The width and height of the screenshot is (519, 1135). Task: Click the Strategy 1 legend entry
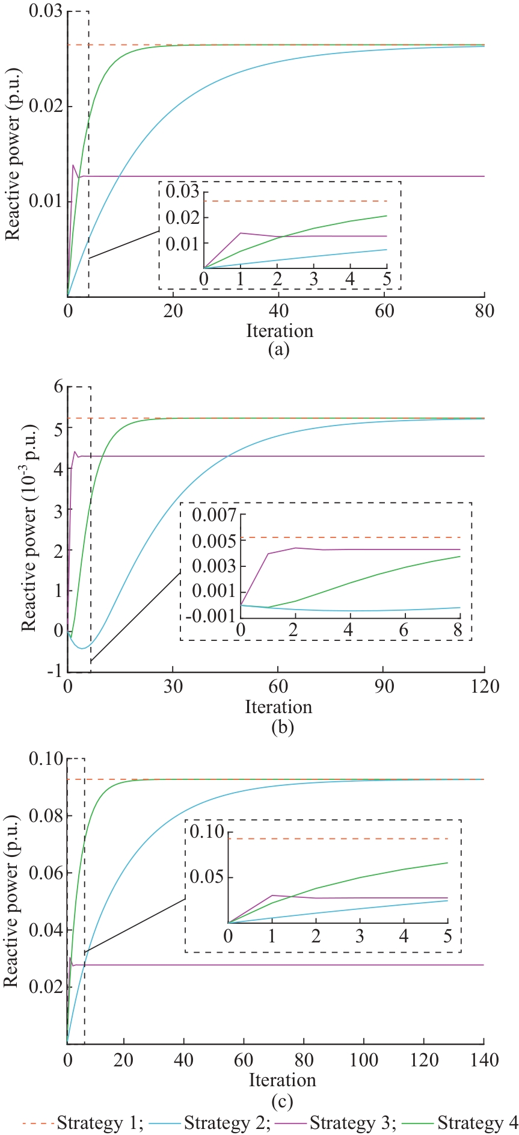click(x=82, y=1123)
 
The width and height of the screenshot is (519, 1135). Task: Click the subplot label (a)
click(x=278, y=349)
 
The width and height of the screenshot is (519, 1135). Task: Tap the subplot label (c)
click(x=282, y=1101)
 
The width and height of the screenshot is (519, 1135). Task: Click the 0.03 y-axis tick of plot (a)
click(x=46, y=11)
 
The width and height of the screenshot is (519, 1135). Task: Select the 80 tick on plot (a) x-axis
click(x=484, y=311)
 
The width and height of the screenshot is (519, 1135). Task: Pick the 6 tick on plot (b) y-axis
click(x=58, y=386)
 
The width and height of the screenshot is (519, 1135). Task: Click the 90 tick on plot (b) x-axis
click(x=384, y=686)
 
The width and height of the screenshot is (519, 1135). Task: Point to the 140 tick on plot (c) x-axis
click(x=483, y=1059)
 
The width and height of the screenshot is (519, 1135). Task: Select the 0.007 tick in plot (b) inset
click(x=214, y=515)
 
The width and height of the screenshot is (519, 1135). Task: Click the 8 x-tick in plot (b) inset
click(x=458, y=629)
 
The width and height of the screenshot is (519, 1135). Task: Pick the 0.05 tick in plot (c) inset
click(x=207, y=876)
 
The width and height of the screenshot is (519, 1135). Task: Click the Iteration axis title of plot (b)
click(x=278, y=707)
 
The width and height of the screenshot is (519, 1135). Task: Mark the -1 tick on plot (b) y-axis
click(x=56, y=672)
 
